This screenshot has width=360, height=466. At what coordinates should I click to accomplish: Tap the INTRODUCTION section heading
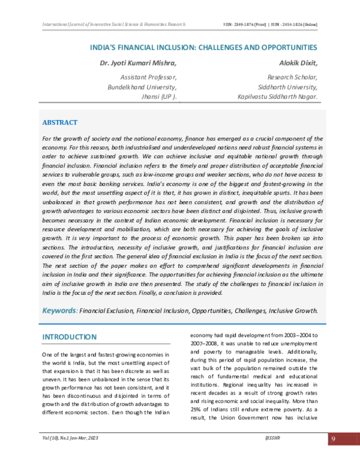(x=69, y=337)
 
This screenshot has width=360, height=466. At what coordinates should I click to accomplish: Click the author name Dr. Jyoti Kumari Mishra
(x=139, y=62)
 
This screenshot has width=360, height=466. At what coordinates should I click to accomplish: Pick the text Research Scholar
(x=292, y=77)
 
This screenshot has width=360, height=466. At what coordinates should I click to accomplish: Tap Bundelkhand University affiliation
(x=142, y=86)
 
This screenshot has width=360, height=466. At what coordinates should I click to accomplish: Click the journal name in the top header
(x=114, y=25)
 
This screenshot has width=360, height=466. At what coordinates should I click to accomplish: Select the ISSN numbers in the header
(x=269, y=25)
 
